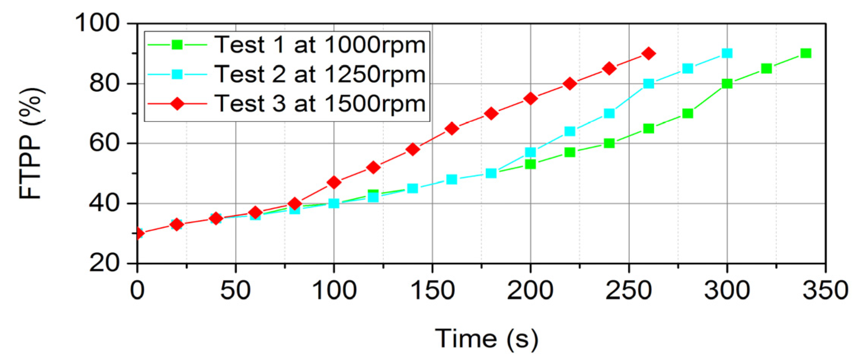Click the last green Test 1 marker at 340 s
[x=806, y=53]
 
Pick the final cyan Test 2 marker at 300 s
[x=727, y=53]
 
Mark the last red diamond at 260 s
[x=648, y=53]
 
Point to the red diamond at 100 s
[x=334, y=182]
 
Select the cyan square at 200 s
[x=530, y=152]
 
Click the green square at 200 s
[x=530, y=164]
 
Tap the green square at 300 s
[x=727, y=83]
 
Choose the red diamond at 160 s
[x=452, y=129]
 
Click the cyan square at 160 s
[x=452, y=179]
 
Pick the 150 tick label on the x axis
[x=433, y=290]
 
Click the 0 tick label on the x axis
[x=137, y=290]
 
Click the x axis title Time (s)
[x=487, y=338]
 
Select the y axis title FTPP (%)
[x=31, y=143]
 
